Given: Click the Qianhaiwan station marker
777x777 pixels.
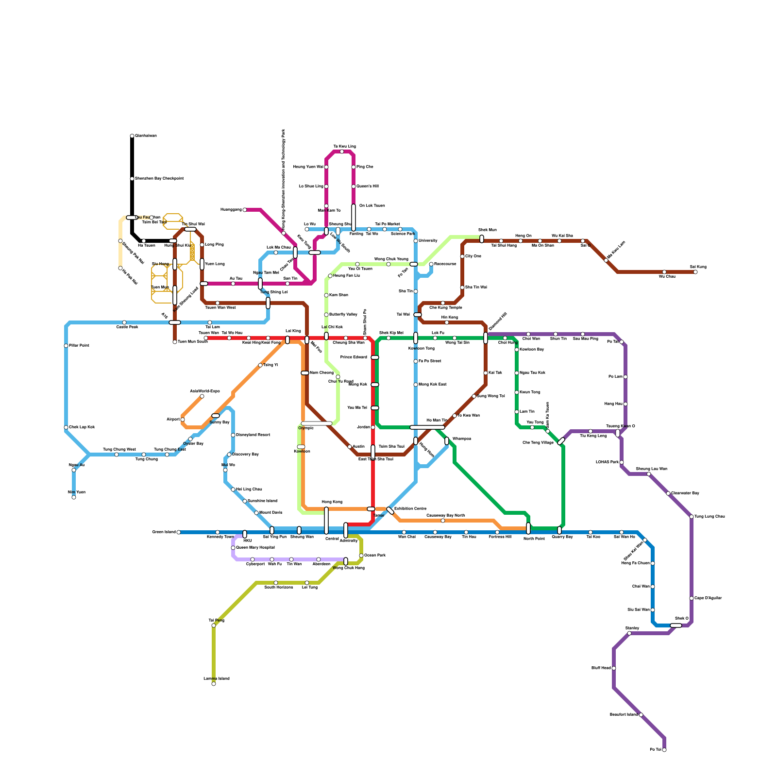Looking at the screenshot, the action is [x=132, y=136].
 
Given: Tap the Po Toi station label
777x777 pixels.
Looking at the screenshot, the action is [x=655, y=750].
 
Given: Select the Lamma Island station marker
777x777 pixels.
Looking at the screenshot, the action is [x=214, y=684].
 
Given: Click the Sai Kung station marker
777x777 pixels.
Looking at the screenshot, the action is [x=695, y=272].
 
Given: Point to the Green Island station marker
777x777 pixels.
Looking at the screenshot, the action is [x=179, y=532].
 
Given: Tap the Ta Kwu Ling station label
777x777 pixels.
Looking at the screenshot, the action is [x=344, y=146].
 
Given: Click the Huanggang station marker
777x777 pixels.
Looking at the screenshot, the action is [x=245, y=210].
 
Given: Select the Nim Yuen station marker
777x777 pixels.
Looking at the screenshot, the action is [x=74, y=497].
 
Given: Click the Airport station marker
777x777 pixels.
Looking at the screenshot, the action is [x=183, y=420].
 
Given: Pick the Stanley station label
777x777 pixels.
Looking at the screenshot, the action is [x=632, y=628].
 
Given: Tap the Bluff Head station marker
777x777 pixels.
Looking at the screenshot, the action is [x=614, y=668].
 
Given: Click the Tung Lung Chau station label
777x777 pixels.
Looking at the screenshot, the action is [x=709, y=516].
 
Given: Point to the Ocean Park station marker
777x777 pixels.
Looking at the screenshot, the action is [x=361, y=556].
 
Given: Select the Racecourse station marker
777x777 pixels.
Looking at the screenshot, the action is [x=431, y=264].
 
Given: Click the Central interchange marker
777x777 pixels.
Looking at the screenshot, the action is [x=326, y=521].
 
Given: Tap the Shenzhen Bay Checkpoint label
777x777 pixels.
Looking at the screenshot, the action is [x=159, y=179].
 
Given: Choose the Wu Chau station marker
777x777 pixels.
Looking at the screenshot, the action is [x=664, y=272].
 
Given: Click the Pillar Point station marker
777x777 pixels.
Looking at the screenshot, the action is [x=66, y=346].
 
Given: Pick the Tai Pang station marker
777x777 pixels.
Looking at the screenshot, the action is [x=214, y=625].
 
